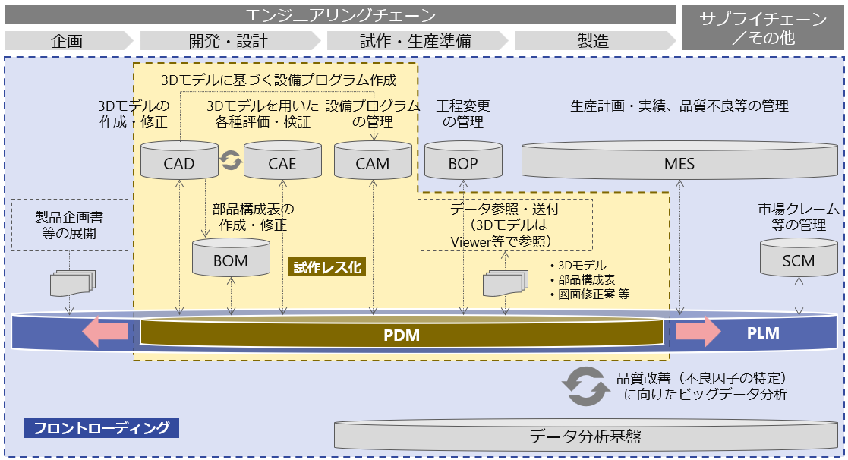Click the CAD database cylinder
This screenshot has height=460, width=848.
coord(179,162)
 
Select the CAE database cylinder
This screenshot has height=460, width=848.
coord(282,162)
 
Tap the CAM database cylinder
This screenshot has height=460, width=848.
coord(373,162)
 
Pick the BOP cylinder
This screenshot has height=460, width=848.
coord(463,162)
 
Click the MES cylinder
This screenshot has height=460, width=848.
coord(679,162)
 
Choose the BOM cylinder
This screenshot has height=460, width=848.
coord(231,259)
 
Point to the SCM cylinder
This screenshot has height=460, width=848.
coord(798,259)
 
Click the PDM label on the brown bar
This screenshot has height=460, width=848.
coord(402,335)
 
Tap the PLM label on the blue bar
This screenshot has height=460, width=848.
coord(763,333)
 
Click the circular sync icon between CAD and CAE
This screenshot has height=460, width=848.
coord(231,159)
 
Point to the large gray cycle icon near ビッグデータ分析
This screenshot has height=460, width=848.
coord(586,386)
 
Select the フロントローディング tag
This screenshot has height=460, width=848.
coord(102,428)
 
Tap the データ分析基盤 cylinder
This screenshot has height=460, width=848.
coord(585,436)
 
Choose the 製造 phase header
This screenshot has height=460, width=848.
coord(593,41)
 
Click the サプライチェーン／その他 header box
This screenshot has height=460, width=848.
coord(764,27)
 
